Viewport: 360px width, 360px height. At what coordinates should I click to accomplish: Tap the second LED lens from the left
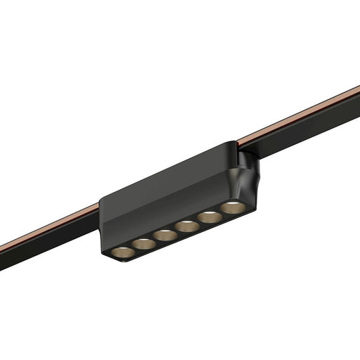(143, 243)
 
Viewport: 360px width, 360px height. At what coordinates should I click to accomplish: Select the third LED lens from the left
(165, 235)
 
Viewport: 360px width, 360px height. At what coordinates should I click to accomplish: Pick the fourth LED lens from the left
(187, 226)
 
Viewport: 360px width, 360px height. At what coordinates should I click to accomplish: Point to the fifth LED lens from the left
(210, 217)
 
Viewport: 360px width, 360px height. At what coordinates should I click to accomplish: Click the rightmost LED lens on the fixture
(232, 207)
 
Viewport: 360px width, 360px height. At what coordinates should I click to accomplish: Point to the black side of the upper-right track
(309, 127)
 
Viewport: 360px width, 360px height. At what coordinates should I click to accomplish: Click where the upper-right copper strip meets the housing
(239, 143)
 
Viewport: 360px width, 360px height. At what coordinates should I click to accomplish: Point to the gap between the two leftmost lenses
(133, 247)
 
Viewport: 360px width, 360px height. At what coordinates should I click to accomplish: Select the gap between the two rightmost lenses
(221, 212)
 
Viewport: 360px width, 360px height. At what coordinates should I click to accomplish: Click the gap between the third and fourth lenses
(176, 231)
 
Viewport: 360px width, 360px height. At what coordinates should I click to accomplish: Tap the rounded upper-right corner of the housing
(232, 145)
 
